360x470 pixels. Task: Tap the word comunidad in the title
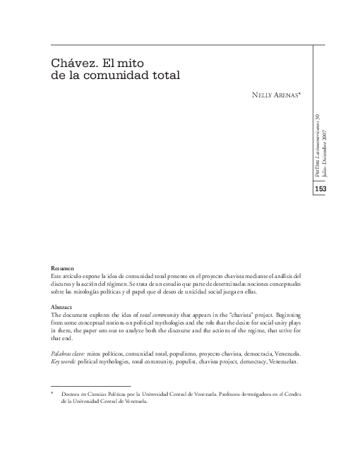(x=127, y=74)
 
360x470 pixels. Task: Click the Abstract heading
(x=64, y=308)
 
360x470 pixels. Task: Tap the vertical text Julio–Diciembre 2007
(x=325, y=148)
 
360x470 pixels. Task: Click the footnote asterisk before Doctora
(x=53, y=394)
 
